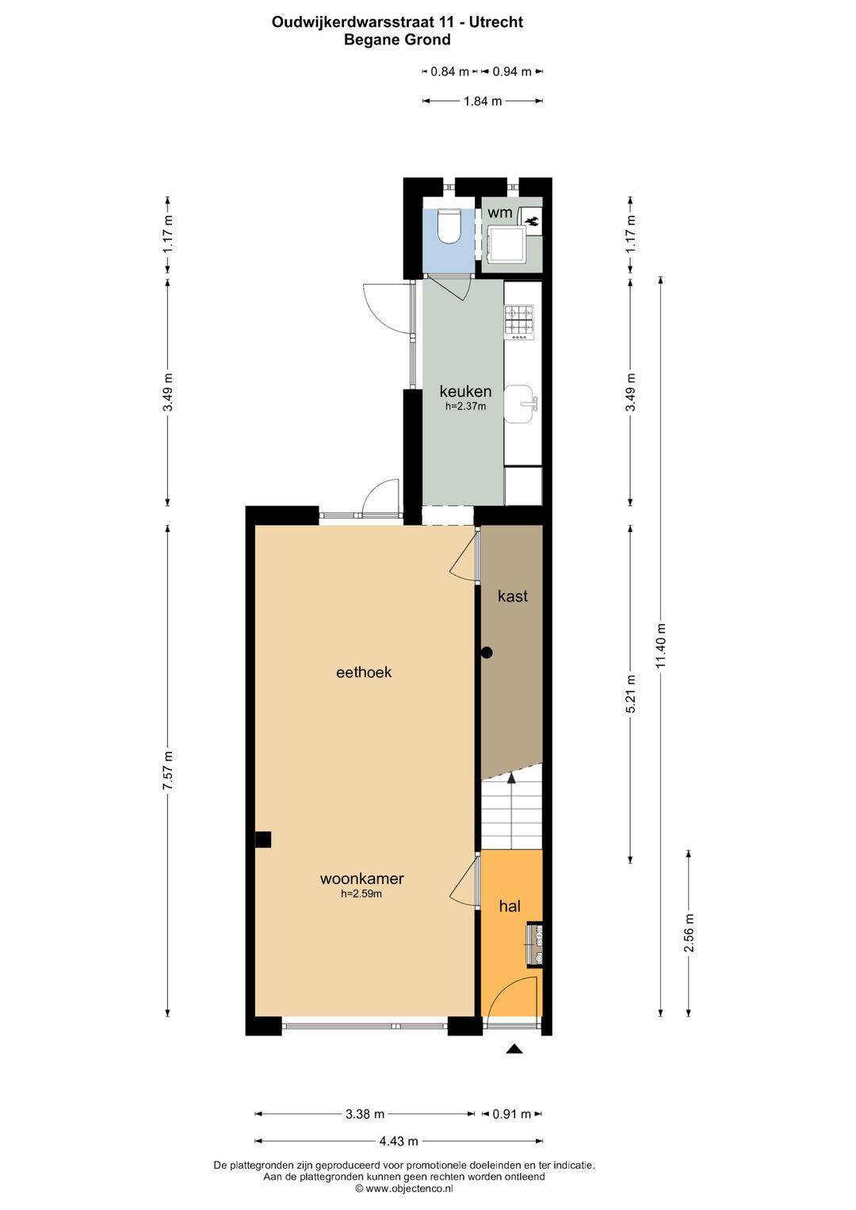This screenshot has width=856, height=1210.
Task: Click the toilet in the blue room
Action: point(449,225)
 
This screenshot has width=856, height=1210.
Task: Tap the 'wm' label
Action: point(499,213)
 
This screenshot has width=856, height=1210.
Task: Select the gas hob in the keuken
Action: point(519,322)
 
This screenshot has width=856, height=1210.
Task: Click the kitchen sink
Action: point(520,404)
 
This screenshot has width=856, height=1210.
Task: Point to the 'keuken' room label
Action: point(465,391)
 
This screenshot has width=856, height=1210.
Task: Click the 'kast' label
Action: point(512,596)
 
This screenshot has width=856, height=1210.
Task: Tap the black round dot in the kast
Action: point(487,653)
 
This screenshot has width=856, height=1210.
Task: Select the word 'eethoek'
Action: point(364,672)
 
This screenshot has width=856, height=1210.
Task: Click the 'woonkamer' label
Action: point(362,879)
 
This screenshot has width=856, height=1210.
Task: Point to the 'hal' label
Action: point(510,906)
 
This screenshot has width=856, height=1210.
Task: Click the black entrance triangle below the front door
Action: point(514,1049)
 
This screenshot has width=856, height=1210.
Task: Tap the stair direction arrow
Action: point(512,780)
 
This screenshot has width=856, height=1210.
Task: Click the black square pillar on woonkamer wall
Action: point(262,839)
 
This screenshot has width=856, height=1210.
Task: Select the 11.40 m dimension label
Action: point(661,646)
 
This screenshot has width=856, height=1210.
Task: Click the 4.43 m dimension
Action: point(398,1141)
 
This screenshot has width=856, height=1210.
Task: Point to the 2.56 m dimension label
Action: point(689,933)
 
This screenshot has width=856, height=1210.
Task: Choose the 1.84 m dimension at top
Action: point(482,101)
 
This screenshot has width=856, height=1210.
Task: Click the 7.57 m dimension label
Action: point(168,770)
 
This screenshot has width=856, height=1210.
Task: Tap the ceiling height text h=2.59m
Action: point(361,894)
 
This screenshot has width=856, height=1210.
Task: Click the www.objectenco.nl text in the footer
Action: point(404,1189)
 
